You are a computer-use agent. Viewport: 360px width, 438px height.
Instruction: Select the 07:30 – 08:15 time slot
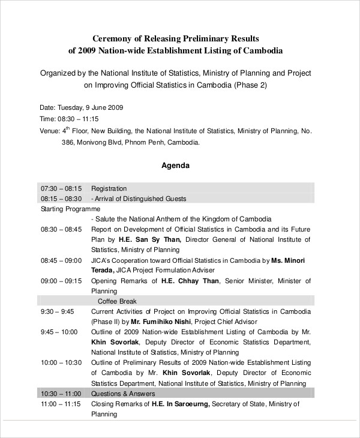[61, 188]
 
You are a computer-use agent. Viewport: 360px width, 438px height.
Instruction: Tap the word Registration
[109, 188]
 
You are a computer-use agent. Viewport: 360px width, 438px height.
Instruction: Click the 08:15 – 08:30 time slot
[61, 198]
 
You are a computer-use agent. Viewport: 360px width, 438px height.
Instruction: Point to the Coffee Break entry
[117, 301]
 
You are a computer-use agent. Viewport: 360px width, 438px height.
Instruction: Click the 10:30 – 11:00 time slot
[61, 394]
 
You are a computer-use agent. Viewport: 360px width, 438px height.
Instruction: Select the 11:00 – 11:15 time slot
[61, 404]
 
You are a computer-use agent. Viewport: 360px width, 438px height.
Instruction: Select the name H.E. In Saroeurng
[179, 404]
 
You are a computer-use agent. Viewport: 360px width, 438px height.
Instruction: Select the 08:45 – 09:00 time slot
[61, 260]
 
